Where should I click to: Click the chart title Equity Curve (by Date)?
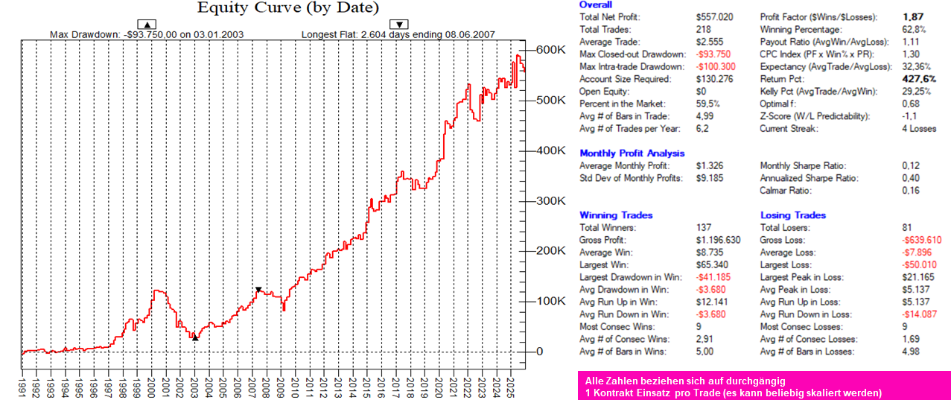(288, 8)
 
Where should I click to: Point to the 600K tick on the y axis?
(552, 50)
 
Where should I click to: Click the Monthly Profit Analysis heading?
(632, 153)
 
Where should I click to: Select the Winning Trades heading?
(616, 215)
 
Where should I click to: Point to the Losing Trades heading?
(792, 215)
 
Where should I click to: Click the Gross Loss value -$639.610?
(920, 240)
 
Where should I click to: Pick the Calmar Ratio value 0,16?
(910, 191)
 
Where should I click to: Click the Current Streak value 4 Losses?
(921, 128)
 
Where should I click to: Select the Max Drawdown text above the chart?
(146, 34)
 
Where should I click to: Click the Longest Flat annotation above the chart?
(398, 34)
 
